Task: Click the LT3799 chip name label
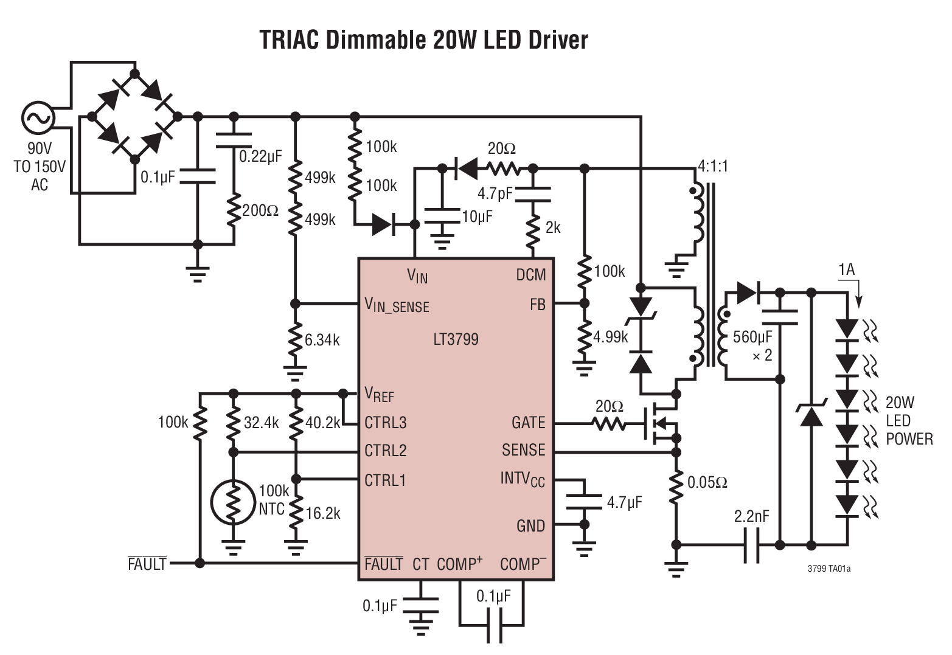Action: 456,339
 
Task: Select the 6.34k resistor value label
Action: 322,340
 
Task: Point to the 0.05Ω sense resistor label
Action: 707,483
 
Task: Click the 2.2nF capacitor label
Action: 752,516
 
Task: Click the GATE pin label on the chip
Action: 528,423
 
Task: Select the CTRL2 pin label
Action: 385,451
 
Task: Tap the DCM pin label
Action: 530,275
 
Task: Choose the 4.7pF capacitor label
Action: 495,193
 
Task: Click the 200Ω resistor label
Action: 260,211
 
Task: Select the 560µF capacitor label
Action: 752,337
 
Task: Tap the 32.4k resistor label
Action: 261,423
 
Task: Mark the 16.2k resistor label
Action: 323,513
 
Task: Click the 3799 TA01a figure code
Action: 829,569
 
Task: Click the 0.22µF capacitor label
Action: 260,156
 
